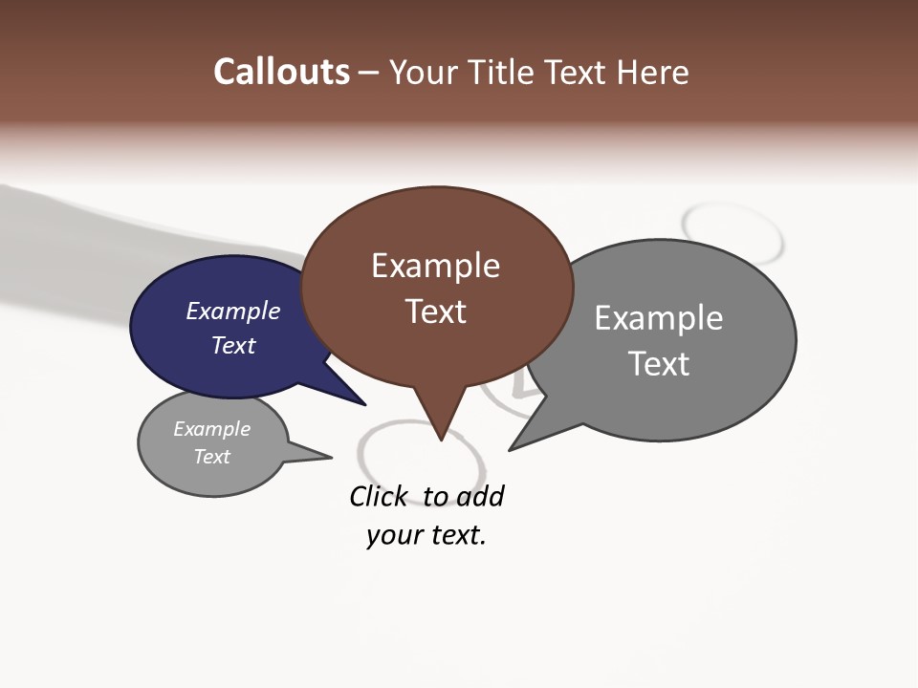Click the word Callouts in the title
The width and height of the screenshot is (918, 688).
click(281, 72)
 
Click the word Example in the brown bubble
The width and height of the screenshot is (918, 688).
click(435, 266)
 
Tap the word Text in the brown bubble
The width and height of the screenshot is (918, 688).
click(435, 312)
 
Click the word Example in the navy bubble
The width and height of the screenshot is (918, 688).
click(232, 311)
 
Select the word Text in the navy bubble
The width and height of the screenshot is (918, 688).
click(232, 345)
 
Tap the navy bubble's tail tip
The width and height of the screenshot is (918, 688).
click(364, 404)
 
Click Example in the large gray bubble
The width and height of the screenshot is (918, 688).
click(658, 318)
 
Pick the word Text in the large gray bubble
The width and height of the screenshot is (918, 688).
click(658, 364)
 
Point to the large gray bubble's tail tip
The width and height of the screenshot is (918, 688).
click(510, 449)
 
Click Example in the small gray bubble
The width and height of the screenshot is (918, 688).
click(211, 429)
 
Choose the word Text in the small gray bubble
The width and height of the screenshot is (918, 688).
click(211, 457)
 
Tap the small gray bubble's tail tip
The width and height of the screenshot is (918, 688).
click(331, 457)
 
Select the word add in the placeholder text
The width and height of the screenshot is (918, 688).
click(479, 496)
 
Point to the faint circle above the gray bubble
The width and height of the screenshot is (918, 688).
click(732, 229)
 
